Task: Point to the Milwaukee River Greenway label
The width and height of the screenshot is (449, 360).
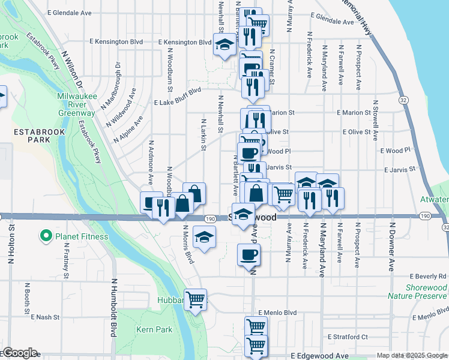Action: pyautogui.click(x=76, y=104)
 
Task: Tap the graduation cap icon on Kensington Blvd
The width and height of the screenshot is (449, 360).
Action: pyautogui.click(x=224, y=46)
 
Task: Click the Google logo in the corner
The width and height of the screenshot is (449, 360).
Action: pyautogui.click(x=19, y=353)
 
